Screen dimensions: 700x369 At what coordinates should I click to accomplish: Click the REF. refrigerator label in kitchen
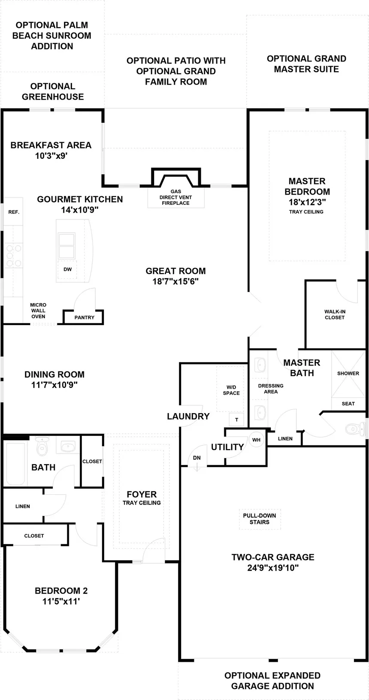[x=14, y=212]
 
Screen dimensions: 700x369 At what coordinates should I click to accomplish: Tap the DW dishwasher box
[x=67, y=269]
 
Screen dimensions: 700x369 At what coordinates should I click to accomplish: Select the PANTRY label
[x=84, y=317]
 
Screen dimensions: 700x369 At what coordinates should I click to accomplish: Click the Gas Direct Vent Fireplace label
[x=175, y=198]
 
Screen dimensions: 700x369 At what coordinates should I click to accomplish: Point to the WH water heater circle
[x=256, y=440]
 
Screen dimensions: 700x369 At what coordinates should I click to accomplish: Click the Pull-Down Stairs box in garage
[x=259, y=519]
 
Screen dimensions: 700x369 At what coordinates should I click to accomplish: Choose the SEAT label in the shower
[x=348, y=403]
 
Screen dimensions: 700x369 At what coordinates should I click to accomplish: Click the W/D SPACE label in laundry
[x=231, y=390]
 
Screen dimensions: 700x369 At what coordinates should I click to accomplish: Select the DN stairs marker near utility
[x=197, y=458]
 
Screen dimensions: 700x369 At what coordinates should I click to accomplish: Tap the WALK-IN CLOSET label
[x=335, y=314]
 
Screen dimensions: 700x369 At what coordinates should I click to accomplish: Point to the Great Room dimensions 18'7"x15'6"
[x=175, y=282]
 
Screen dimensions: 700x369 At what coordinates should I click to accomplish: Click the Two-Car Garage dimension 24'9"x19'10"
[x=273, y=568]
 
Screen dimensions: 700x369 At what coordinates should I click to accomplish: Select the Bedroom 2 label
[x=61, y=590]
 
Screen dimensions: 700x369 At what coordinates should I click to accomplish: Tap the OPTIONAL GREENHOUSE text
[x=53, y=91]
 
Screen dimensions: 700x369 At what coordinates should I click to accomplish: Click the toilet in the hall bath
[x=42, y=447]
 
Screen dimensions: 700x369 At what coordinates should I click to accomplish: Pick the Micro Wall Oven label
[x=38, y=310]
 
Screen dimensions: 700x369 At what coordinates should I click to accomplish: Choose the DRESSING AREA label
[x=271, y=388]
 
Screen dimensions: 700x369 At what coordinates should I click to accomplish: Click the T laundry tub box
[x=236, y=420]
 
